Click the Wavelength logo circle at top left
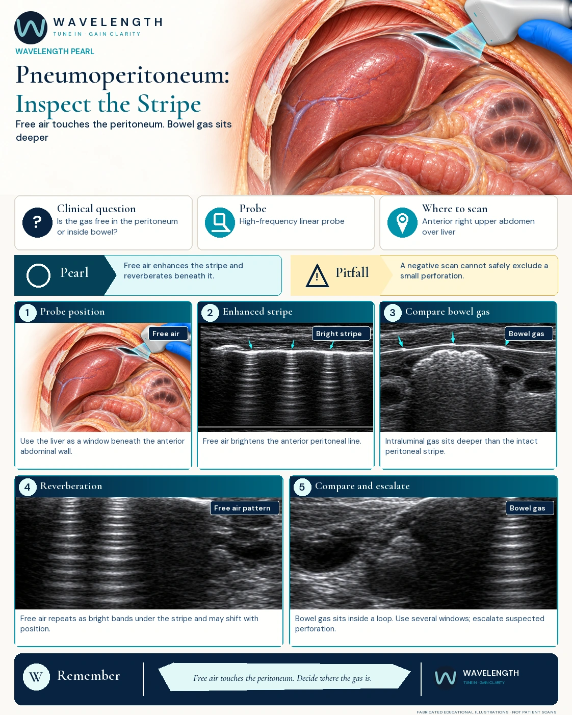pos(31,28)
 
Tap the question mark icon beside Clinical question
pos(37,222)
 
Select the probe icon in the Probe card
pos(220,222)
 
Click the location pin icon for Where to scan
pos(402,222)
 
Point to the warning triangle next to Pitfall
pos(317,275)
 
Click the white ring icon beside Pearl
pos(38,275)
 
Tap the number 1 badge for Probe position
pos(28,313)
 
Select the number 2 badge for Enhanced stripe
pos(210,313)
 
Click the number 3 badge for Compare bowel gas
pos(393,313)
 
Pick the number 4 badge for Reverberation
pos(28,487)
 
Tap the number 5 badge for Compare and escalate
pos(302,487)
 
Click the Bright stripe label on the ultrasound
pos(341,334)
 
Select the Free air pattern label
pos(245,508)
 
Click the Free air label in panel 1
pos(168,334)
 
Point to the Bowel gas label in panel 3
pos(529,334)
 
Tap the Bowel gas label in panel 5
pos(530,508)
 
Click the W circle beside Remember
pos(36,677)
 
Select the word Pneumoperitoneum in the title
pos(122,75)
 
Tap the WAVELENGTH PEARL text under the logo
pos(55,52)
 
